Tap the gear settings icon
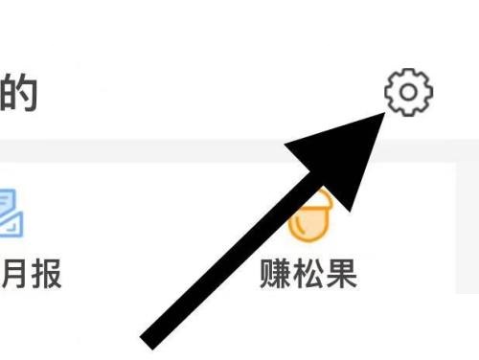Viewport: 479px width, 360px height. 408,92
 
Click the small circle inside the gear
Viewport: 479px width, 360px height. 408,92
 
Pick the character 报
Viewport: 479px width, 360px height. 45,274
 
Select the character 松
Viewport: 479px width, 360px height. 308,274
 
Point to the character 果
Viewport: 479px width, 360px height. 341,274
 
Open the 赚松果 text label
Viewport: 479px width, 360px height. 308,274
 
